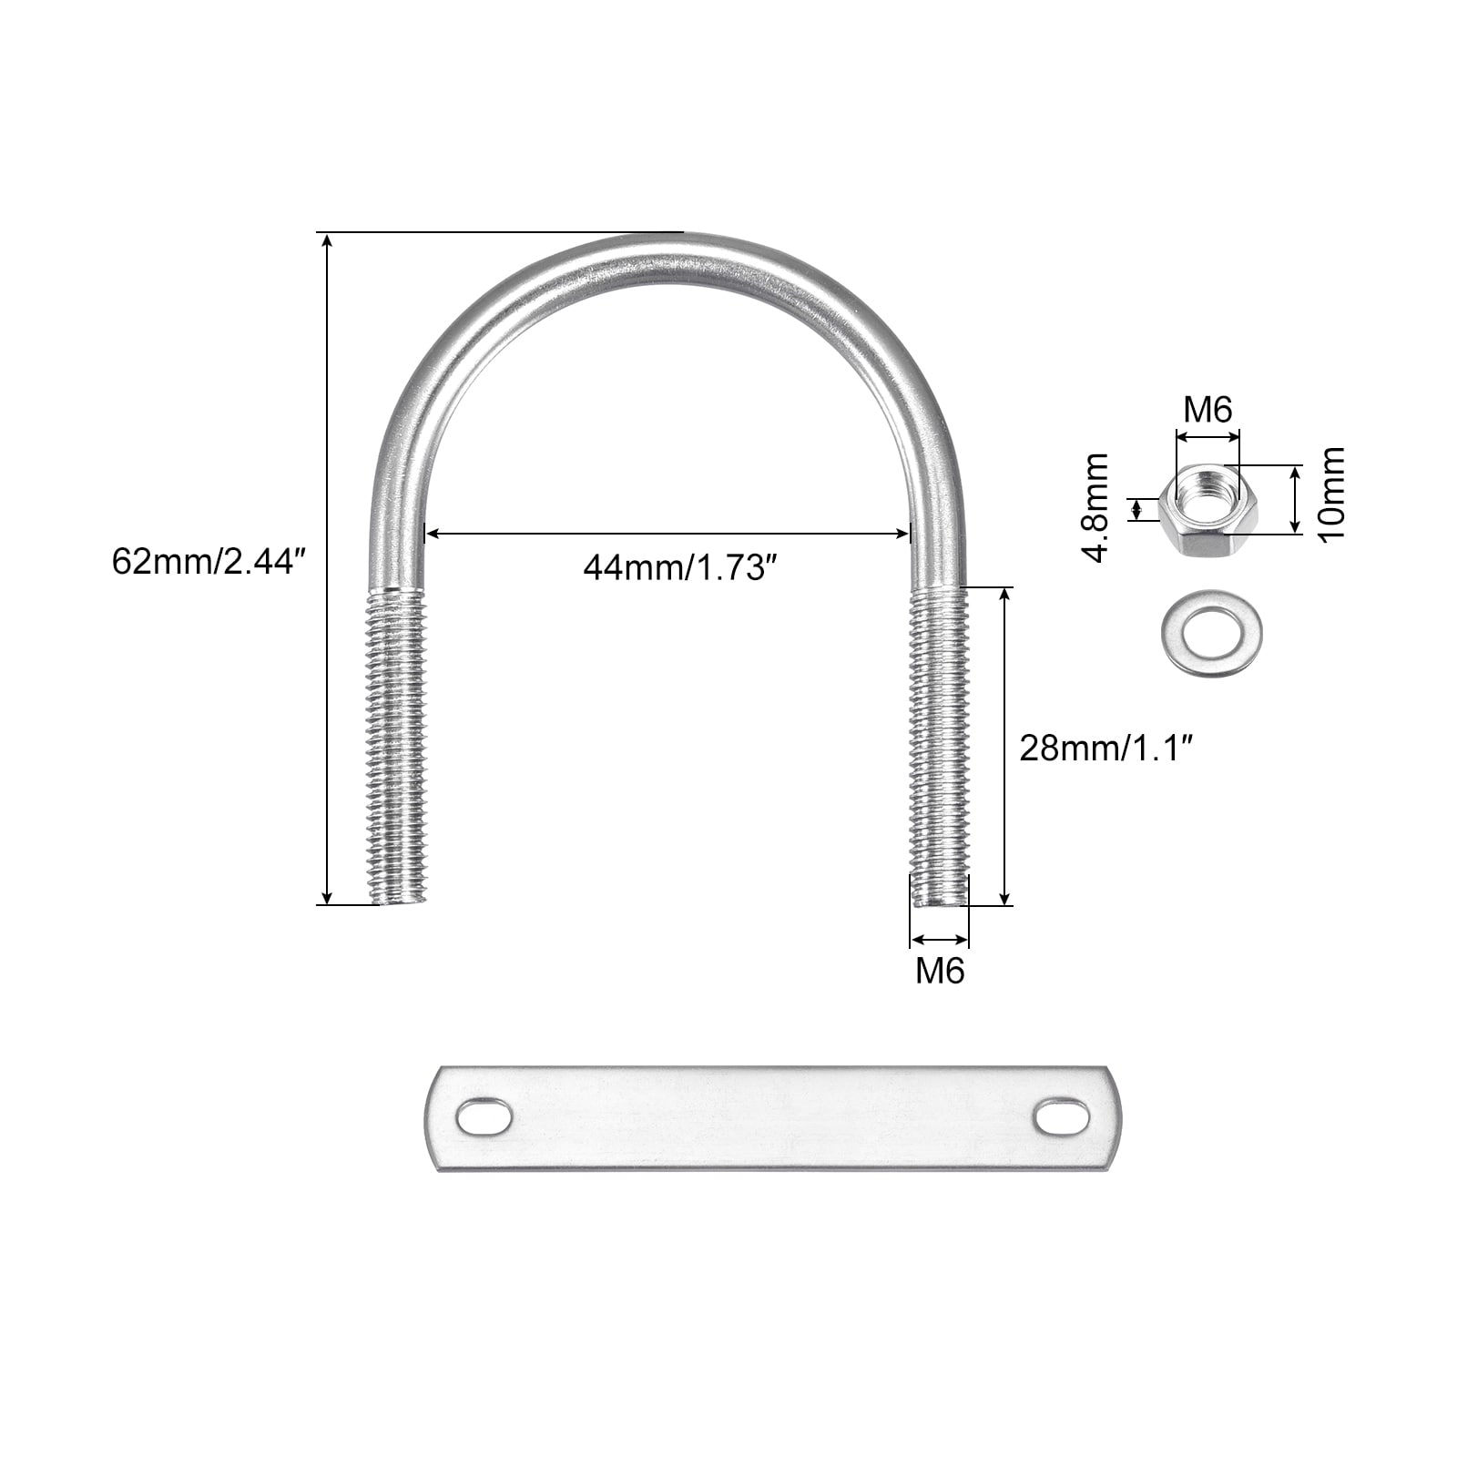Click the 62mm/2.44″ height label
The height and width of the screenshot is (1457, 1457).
click(x=206, y=561)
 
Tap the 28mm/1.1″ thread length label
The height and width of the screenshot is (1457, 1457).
click(x=1106, y=749)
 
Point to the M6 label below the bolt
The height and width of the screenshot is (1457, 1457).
click(x=940, y=971)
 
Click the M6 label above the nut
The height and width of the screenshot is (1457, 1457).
click(x=1207, y=410)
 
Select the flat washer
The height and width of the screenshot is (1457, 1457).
click(x=1212, y=629)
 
